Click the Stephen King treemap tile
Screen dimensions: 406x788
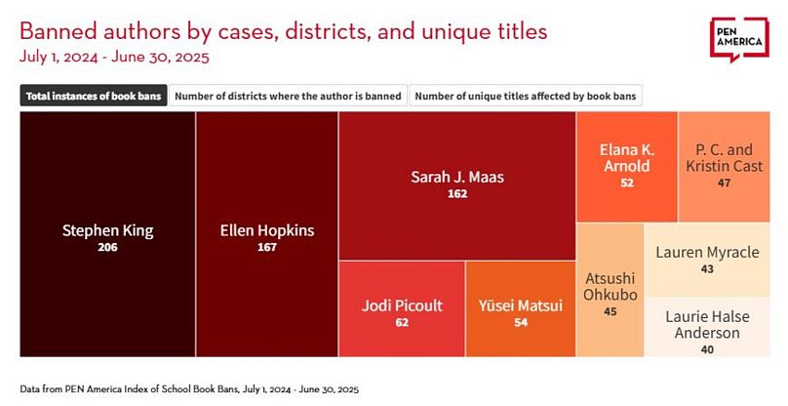click(107, 234)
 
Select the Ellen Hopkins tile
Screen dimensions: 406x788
click(266, 234)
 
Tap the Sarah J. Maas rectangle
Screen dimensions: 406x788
click(456, 185)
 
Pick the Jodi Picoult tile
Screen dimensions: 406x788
click(401, 309)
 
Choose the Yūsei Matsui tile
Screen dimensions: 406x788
click(520, 309)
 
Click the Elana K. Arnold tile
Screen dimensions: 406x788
click(625, 166)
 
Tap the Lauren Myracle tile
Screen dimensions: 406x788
click(707, 259)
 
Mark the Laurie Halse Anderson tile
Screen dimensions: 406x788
click(707, 326)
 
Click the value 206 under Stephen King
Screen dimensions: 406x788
click(107, 248)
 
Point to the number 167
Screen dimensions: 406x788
click(266, 248)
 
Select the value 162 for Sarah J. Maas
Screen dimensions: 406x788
click(456, 194)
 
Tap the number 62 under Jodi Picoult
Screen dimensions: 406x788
click(401, 323)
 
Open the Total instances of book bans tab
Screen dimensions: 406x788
click(93, 96)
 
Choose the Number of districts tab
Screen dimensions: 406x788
click(289, 96)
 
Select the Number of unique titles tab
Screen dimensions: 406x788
click(526, 96)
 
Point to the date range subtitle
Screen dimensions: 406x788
click(115, 56)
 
